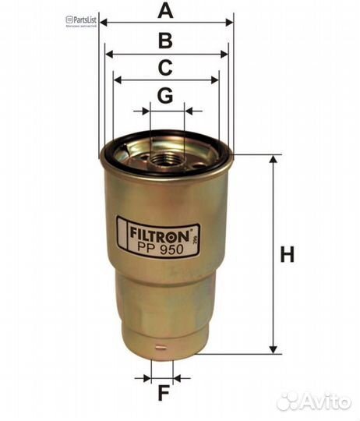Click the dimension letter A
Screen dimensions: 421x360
click(164, 11)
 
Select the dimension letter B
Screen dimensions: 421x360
click(164, 41)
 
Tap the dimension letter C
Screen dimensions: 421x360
click(164, 69)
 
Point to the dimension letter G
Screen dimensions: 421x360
click(164, 96)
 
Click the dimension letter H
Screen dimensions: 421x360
click(288, 254)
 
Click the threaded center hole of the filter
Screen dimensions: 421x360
click(165, 161)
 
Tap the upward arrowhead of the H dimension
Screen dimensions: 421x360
click(273, 159)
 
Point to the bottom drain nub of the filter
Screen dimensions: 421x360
click(163, 355)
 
